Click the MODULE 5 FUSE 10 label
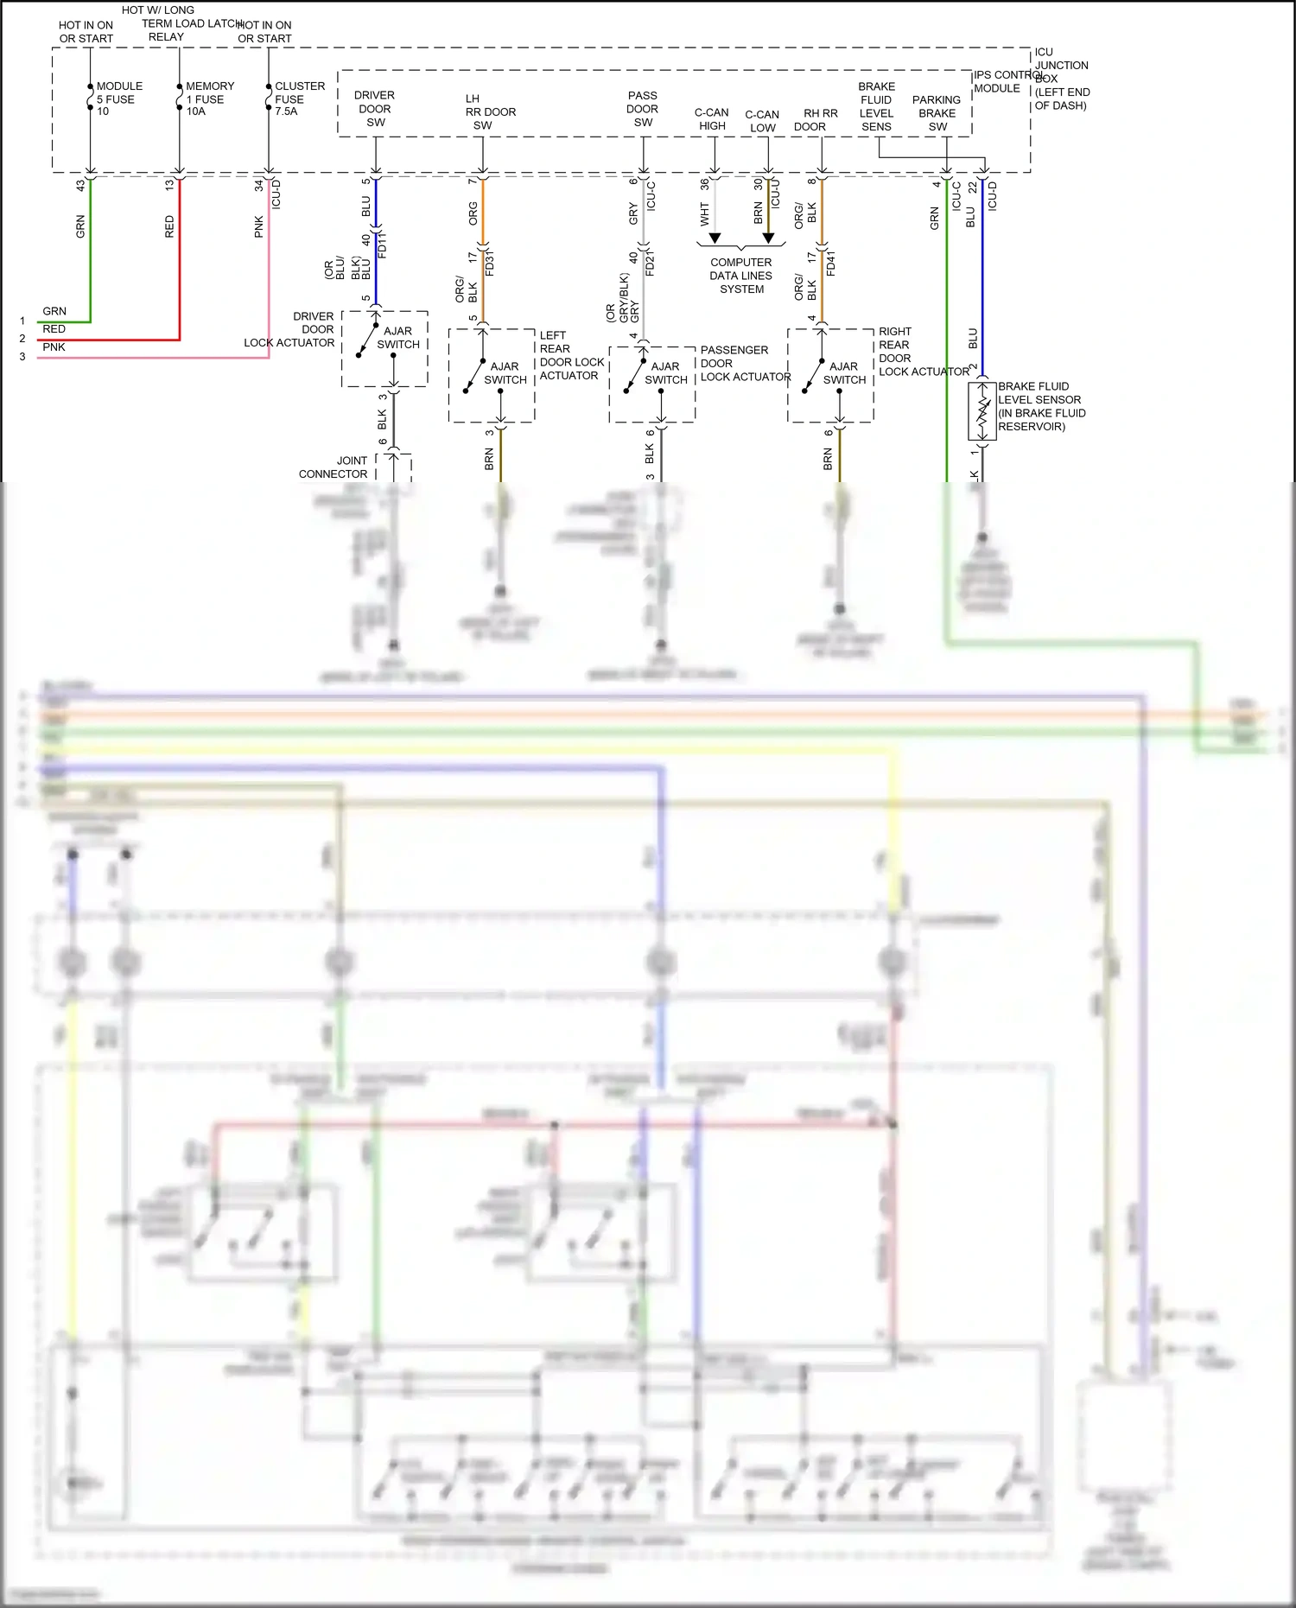[x=118, y=99]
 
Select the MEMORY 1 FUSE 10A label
[x=208, y=99]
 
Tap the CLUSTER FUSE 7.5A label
[x=298, y=99]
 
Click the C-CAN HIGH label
[x=712, y=119]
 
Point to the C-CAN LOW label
[x=762, y=121]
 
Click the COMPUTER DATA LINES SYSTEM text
[x=741, y=276]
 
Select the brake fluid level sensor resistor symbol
[x=982, y=411]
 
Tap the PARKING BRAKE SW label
[x=937, y=113]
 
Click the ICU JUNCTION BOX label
[x=1061, y=79]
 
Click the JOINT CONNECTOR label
[x=334, y=467]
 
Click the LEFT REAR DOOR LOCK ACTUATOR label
[x=570, y=355]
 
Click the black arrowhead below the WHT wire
[x=715, y=238]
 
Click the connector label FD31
[x=490, y=263]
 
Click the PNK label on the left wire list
[x=54, y=347]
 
